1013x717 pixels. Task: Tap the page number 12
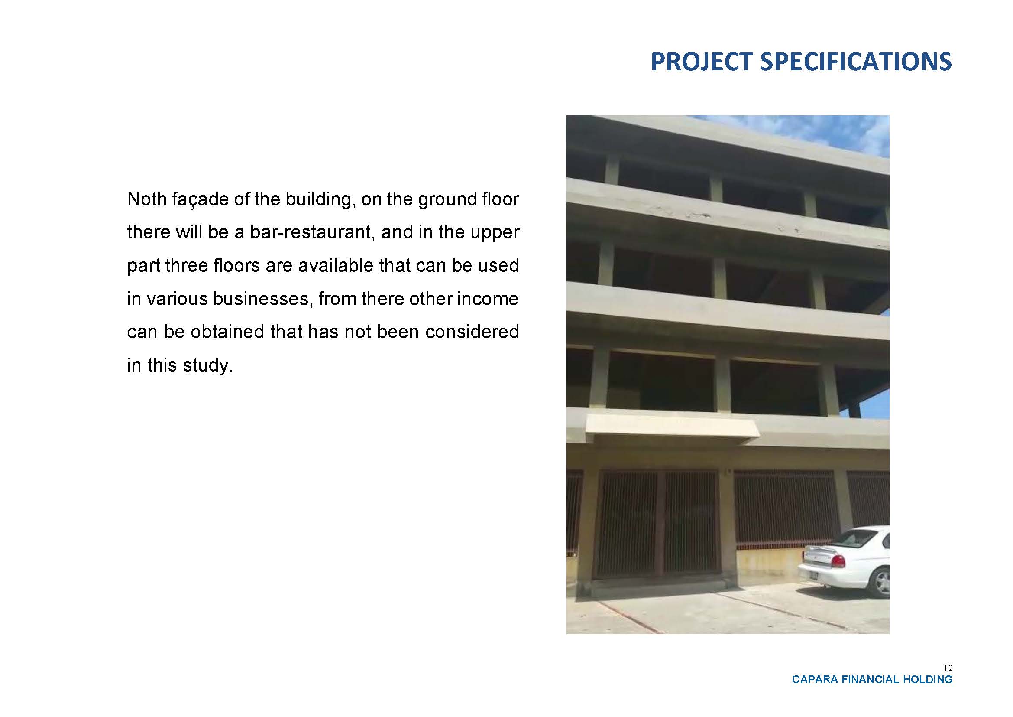coord(948,668)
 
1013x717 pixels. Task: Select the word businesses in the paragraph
coord(263,299)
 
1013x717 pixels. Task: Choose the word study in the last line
coord(207,366)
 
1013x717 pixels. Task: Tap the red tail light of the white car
coord(838,561)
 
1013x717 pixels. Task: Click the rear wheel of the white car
coord(880,583)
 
